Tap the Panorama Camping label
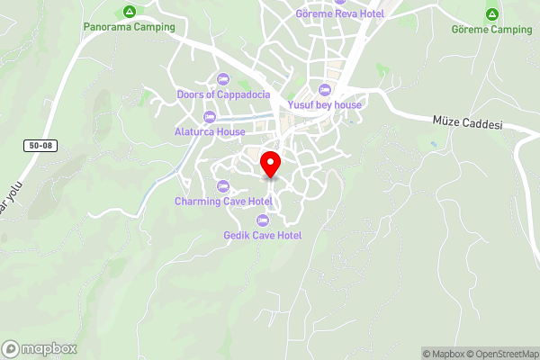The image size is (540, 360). [x=129, y=28]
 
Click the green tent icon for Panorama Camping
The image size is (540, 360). [x=129, y=13]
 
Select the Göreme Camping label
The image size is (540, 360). [x=492, y=30]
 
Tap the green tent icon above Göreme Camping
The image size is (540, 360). [x=492, y=14]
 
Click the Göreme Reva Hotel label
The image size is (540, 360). [x=340, y=13]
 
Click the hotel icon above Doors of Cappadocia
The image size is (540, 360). [x=222, y=78]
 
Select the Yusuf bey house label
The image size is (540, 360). [x=325, y=104]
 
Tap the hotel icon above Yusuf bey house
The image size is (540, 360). [x=325, y=89]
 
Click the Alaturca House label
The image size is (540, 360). [x=210, y=131]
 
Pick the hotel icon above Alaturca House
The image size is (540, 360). [x=210, y=116]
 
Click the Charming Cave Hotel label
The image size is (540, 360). [x=223, y=201]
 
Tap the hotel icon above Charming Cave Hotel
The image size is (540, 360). [x=223, y=185]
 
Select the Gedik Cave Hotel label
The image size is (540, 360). [x=263, y=235]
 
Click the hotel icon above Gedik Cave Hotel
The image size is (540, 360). [x=263, y=220]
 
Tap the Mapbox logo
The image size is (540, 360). [x=40, y=348]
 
